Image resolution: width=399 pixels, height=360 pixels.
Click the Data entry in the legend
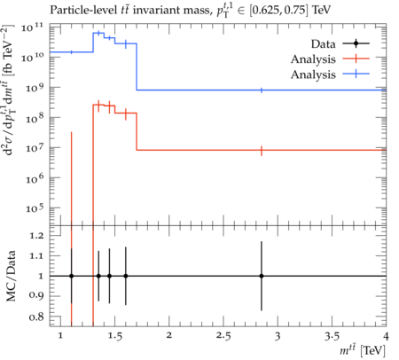(x=323, y=44)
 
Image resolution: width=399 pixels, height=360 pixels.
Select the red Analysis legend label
(x=313, y=59)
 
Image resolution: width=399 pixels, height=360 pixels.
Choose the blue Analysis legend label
(x=313, y=74)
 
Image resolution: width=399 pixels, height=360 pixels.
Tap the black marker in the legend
(x=356, y=43)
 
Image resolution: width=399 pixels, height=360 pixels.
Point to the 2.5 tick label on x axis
(x=223, y=336)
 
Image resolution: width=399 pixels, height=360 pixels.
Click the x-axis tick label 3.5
(x=332, y=336)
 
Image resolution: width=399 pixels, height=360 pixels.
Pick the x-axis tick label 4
(x=386, y=336)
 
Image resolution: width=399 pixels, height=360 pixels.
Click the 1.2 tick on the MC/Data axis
(x=36, y=236)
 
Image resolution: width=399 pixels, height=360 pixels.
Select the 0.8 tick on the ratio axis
(x=36, y=317)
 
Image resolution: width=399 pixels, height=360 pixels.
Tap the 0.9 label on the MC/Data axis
(x=36, y=295)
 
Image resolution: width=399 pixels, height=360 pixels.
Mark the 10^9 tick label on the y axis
(x=35, y=87)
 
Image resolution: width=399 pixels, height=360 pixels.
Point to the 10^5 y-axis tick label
(x=35, y=208)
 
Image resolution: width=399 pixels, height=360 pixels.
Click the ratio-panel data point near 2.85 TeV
(x=262, y=276)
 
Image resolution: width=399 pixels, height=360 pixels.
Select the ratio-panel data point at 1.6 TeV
(x=126, y=276)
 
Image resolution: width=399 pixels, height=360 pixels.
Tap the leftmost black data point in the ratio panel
(x=71, y=276)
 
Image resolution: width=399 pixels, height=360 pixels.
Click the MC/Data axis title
(x=11, y=276)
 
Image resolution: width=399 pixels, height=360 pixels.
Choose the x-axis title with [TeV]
(x=363, y=351)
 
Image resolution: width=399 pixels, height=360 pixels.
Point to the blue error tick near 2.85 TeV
(x=262, y=90)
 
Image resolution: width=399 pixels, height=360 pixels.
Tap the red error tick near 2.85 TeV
(x=262, y=151)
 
